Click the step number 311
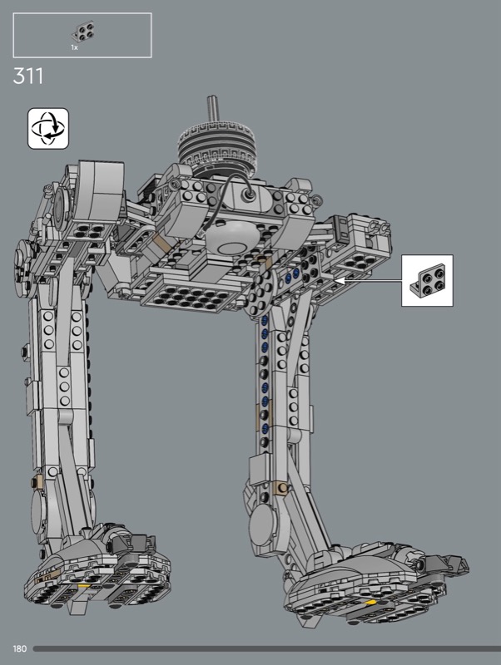click(x=28, y=76)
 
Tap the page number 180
click(x=19, y=648)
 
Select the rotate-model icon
click(x=48, y=129)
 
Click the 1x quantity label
click(x=74, y=48)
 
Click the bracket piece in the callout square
click(x=428, y=279)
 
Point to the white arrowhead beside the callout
click(x=340, y=280)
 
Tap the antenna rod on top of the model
click(x=212, y=110)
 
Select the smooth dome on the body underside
click(x=231, y=238)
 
